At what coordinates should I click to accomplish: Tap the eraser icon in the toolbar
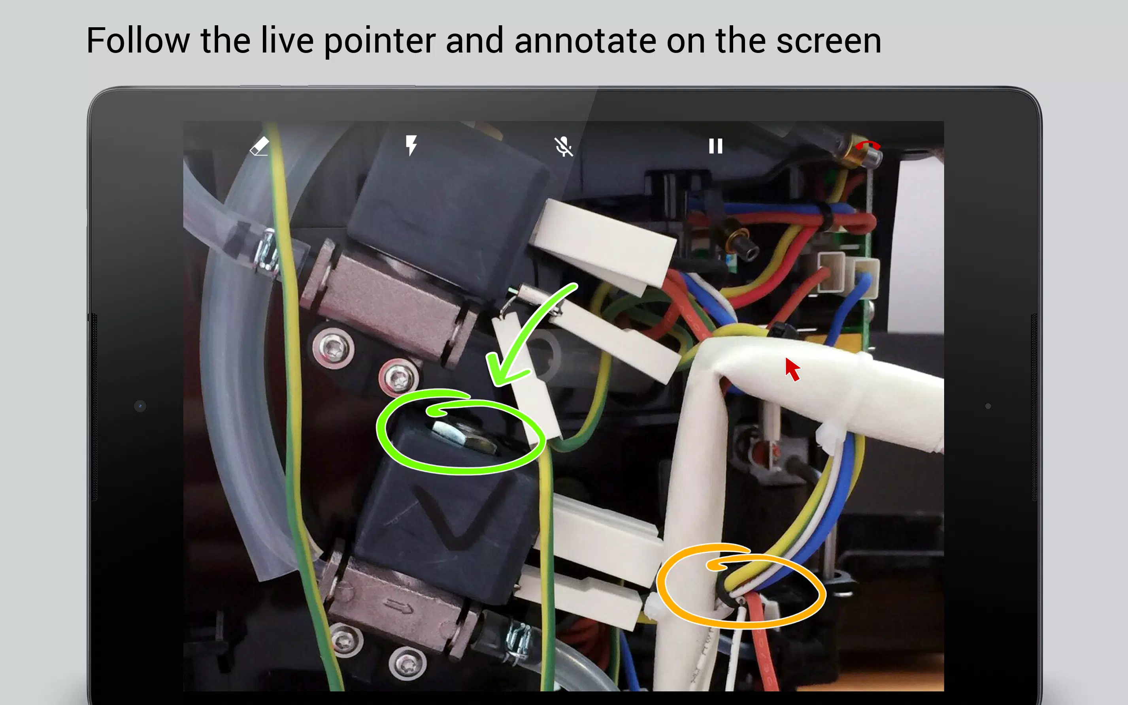click(259, 146)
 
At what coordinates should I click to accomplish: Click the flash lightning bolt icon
click(411, 145)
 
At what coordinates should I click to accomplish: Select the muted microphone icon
click(564, 147)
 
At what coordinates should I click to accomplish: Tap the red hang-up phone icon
click(867, 145)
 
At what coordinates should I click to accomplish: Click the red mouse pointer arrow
click(792, 369)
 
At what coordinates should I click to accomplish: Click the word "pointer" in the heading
click(380, 41)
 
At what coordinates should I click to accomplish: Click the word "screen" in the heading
click(828, 41)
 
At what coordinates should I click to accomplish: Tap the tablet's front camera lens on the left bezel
click(140, 406)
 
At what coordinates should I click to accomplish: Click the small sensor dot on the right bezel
click(988, 406)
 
